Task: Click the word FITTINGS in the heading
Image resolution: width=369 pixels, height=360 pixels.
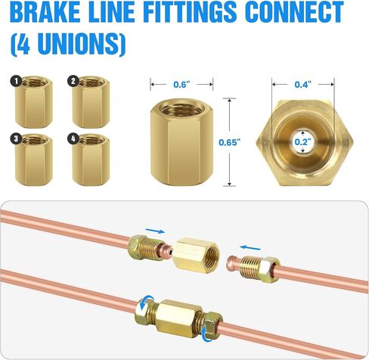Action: coord(191,11)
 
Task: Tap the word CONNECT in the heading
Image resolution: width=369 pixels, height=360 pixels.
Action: coord(294,11)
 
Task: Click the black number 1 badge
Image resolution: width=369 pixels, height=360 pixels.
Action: coord(17,82)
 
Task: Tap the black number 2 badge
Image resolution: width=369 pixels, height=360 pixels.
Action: coord(73,81)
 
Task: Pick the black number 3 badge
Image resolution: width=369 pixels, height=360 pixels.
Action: coord(17,139)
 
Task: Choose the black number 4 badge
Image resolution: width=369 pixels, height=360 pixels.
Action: coord(73,138)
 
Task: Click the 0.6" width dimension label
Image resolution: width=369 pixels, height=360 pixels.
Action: coord(181,85)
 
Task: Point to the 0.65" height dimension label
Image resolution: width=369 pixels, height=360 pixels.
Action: coord(228,142)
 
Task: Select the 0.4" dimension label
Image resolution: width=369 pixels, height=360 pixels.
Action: coord(303,85)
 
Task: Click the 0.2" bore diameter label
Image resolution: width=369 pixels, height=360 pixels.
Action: coord(303,142)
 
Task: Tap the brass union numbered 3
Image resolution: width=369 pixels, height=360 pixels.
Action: coord(33,160)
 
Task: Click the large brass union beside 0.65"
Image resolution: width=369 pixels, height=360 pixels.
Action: coord(182,142)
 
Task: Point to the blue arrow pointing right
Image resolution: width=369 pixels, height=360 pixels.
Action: coord(155,231)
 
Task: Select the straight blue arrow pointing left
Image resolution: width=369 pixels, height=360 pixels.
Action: coord(250,248)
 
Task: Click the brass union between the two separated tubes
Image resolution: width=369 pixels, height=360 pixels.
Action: coord(196,256)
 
